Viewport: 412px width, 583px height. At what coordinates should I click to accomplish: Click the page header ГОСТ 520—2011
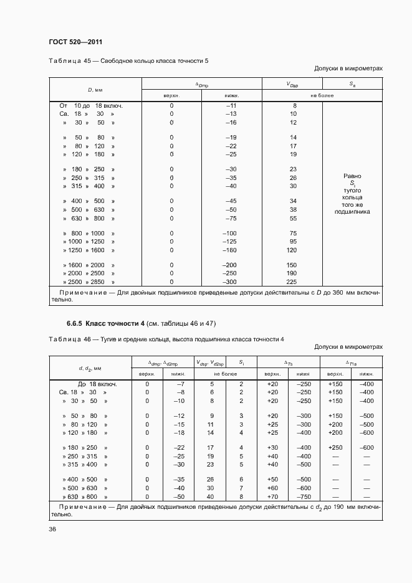[75, 42]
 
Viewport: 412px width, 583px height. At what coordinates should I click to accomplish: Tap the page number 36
[52, 529]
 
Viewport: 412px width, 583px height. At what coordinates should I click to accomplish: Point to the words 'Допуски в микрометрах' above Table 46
[348, 346]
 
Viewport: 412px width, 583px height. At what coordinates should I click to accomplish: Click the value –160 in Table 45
[231, 250]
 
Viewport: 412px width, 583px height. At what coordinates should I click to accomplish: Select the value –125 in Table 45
[231, 241]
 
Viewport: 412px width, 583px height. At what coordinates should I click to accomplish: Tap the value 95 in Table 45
[292, 241]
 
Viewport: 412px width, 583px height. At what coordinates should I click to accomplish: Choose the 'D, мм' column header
[95, 90]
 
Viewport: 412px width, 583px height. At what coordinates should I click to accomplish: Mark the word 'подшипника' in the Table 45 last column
[352, 212]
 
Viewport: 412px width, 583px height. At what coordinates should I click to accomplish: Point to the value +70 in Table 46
[272, 497]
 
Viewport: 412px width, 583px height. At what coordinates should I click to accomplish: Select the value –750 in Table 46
[304, 497]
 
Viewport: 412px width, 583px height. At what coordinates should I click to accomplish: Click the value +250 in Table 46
[335, 447]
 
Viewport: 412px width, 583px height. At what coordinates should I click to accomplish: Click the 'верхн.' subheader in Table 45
[171, 96]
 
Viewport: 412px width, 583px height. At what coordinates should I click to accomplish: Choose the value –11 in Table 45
[231, 106]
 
